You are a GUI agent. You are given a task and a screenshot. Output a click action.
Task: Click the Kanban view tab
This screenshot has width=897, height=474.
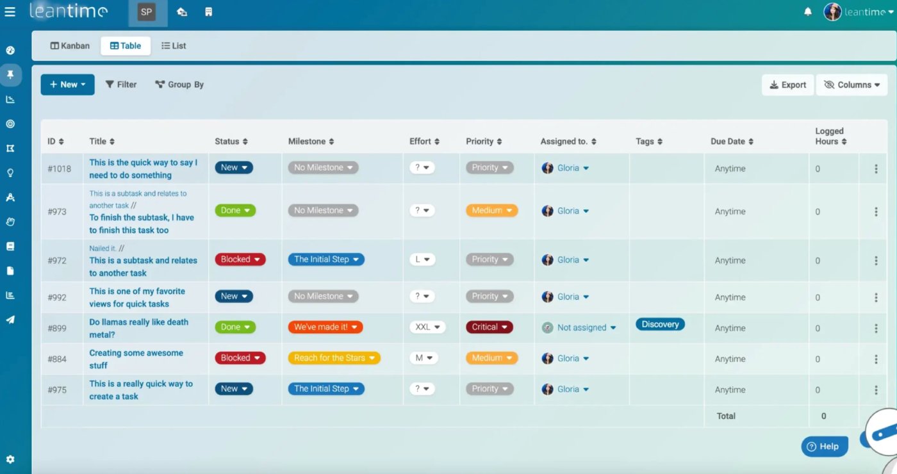pos(70,46)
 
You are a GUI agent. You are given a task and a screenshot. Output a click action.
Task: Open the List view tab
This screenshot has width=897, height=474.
pos(174,46)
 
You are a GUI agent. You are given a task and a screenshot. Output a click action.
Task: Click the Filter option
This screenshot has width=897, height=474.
pos(121,85)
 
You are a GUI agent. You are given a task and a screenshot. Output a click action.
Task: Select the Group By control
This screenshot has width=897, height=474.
pos(179,85)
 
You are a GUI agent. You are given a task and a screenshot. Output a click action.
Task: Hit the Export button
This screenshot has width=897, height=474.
pos(787,85)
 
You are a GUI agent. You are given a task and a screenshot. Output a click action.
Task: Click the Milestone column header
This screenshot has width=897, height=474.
pos(311,142)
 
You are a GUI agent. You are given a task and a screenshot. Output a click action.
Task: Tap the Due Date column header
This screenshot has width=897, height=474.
pos(732,142)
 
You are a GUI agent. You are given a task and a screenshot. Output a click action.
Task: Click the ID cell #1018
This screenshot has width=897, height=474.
pos(60,169)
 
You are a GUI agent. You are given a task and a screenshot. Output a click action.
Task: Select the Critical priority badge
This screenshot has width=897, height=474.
pos(489,327)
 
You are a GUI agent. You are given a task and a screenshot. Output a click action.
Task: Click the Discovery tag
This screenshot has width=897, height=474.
pos(660,324)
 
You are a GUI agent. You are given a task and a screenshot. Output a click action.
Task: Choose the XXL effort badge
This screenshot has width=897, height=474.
pos(427,327)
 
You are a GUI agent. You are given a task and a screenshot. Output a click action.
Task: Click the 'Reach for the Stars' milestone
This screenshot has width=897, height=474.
pos(334,358)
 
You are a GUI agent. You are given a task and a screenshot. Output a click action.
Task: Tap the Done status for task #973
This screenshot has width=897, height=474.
pos(235,211)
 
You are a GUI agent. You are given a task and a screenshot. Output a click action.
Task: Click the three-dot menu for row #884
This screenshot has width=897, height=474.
pos(876,359)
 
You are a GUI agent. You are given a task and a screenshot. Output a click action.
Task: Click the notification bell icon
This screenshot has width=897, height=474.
pos(808,12)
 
